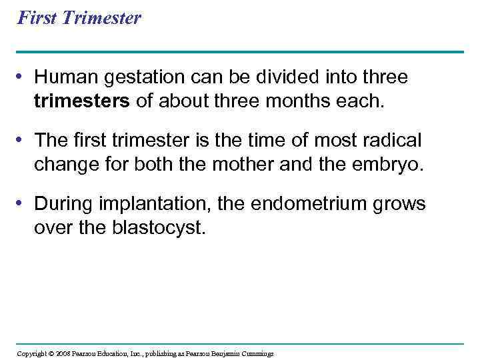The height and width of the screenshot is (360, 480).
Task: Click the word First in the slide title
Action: [36, 17]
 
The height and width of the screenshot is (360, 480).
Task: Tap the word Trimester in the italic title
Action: [101, 17]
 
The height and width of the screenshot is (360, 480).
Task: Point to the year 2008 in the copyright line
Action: [62, 353]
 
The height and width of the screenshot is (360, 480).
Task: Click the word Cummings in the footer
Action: [256, 353]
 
